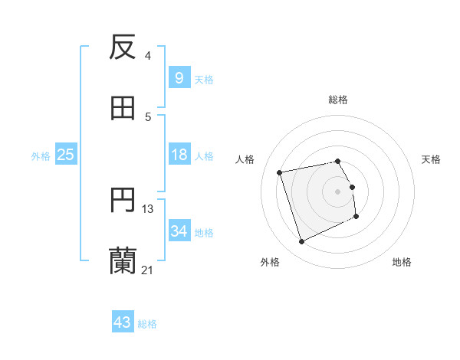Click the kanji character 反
(x=123, y=47)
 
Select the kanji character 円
(x=123, y=201)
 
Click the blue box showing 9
(x=179, y=77)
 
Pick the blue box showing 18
(x=179, y=155)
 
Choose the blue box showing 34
(x=179, y=231)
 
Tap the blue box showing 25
(x=65, y=155)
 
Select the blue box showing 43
(x=122, y=322)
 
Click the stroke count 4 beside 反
(x=148, y=55)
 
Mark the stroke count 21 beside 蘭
(x=148, y=270)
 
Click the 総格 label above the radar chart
(x=338, y=100)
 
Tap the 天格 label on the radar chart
(x=432, y=159)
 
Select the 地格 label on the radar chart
(x=402, y=262)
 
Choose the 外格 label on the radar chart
(x=270, y=262)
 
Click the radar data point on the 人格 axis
(x=280, y=172)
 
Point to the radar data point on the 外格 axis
(x=301, y=242)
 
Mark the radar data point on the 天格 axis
(x=352, y=186)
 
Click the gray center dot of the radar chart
(x=338, y=191)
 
